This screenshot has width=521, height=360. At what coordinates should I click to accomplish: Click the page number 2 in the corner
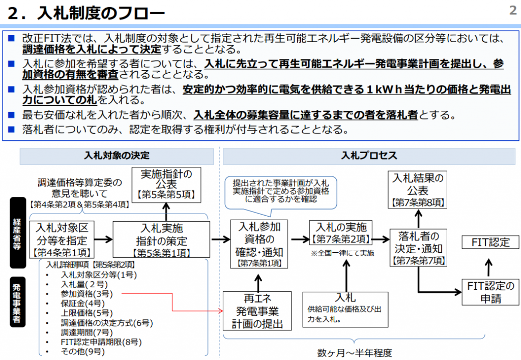pyautogui.click(x=512, y=11)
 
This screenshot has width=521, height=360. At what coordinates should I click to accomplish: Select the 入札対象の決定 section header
pyautogui.click(x=117, y=156)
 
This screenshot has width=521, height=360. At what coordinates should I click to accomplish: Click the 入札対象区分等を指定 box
pyautogui.click(x=62, y=239)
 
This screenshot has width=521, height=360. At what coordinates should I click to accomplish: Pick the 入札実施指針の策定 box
pyautogui.click(x=161, y=239)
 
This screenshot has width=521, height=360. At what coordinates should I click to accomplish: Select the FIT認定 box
pyautogui.click(x=490, y=242)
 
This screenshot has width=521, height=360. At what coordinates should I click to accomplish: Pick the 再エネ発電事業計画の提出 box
pyautogui.click(x=257, y=310)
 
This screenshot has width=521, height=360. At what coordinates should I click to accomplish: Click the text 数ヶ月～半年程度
pyautogui.click(x=355, y=352)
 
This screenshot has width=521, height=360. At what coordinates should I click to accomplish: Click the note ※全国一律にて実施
pyautogui.click(x=342, y=253)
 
